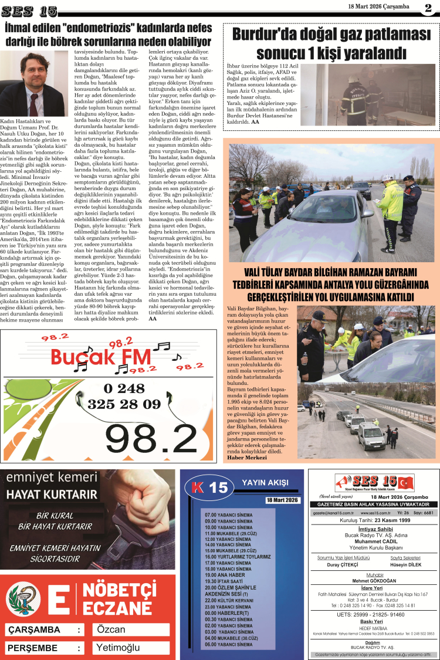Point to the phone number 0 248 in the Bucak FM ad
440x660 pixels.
(x=124, y=388)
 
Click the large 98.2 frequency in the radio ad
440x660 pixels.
(x=151, y=435)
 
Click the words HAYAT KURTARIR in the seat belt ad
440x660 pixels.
(x=52, y=494)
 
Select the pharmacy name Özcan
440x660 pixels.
(x=111, y=629)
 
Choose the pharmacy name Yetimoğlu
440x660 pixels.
(x=118, y=648)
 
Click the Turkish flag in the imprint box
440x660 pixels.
(x=405, y=483)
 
